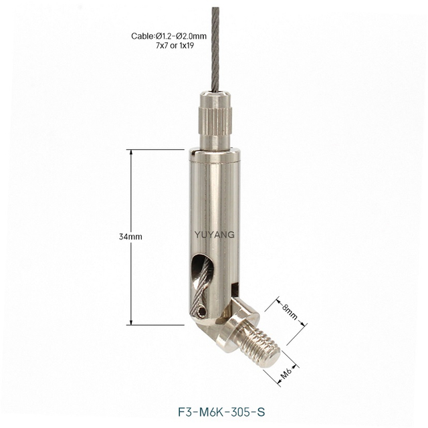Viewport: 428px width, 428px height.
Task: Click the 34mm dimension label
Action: tap(130, 237)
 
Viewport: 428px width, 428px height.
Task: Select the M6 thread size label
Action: tap(286, 374)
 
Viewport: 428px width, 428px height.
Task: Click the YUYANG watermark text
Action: tap(214, 235)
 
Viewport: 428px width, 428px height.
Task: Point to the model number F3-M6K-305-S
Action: tap(221, 412)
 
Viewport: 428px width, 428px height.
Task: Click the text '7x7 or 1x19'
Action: tap(175, 45)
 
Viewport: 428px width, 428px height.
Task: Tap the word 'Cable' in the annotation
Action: tap(141, 36)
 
